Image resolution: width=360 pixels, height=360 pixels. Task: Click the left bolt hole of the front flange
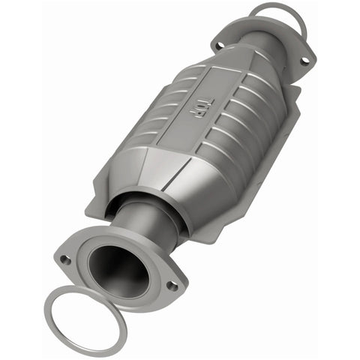click(x=66, y=259)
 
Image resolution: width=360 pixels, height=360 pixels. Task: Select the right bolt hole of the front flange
click(x=172, y=285)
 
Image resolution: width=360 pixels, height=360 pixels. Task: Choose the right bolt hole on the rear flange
click(x=304, y=61)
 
